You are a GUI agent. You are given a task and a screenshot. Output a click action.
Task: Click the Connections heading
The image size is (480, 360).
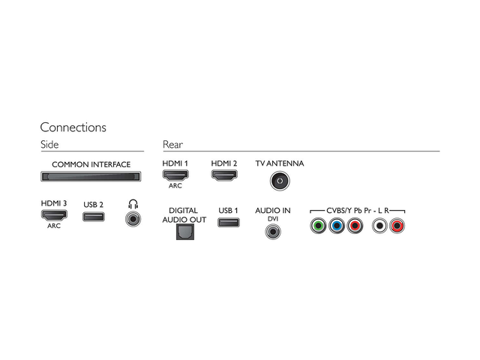click(73, 127)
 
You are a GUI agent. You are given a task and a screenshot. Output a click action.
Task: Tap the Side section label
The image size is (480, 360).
click(49, 144)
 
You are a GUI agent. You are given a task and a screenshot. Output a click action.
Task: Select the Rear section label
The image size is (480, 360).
click(172, 144)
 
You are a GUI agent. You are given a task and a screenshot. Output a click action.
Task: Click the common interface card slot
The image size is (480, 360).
click(91, 177)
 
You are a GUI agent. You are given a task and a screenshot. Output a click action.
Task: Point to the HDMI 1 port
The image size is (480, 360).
click(175, 175)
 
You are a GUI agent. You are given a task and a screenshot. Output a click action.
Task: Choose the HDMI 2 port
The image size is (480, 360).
click(223, 175)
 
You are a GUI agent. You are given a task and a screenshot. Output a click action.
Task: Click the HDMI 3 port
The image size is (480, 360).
click(54, 215)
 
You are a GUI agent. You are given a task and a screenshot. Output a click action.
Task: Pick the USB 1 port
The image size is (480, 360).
click(229, 223)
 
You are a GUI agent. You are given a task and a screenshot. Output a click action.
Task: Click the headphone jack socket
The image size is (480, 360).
click(133, 219)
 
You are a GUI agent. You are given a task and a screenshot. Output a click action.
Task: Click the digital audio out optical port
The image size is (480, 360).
click(184, 232)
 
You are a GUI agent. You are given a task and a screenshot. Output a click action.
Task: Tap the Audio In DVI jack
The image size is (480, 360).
click(273, 232)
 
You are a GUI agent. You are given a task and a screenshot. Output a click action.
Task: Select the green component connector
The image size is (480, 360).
click(318, 224)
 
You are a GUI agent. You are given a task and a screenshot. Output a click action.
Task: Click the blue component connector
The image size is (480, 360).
click(336, 224)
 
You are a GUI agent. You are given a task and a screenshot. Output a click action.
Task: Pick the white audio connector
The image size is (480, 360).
click(380, 224)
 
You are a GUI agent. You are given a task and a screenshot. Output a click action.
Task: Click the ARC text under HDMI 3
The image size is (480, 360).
click(54, 226)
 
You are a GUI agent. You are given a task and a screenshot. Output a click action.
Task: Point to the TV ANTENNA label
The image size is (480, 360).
click(279, 163)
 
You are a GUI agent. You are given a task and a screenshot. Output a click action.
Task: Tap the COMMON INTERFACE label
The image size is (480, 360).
click(91, 164)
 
